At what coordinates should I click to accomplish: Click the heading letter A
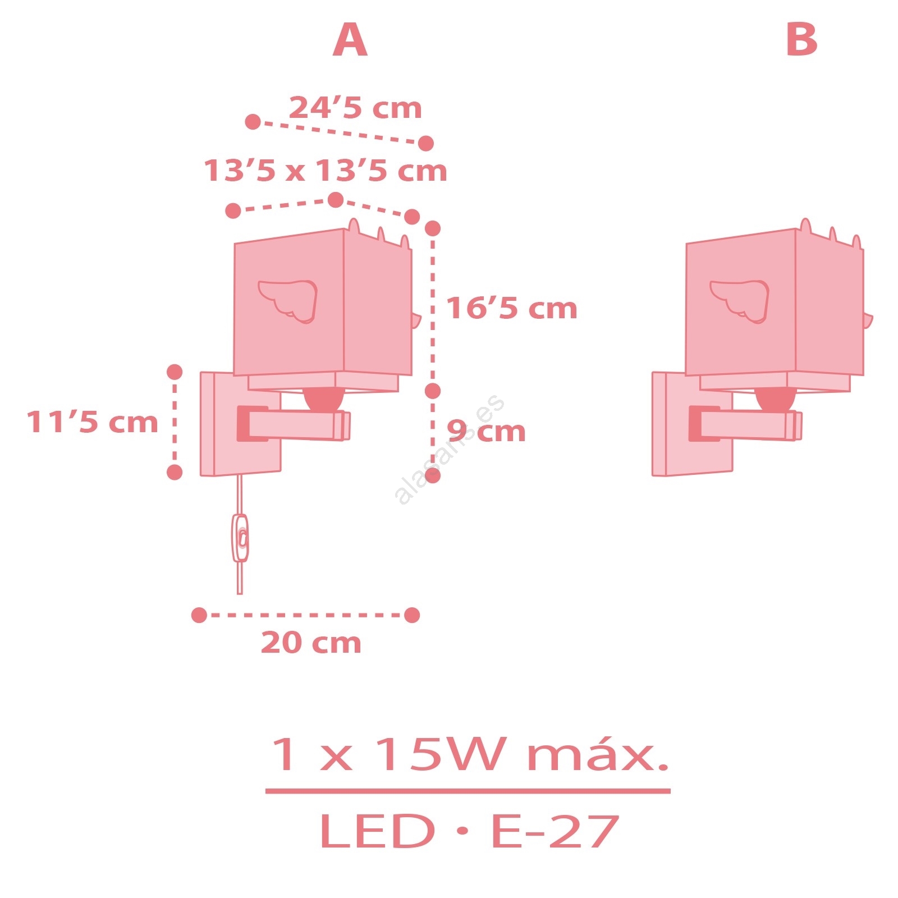350,40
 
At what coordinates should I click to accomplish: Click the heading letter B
801,40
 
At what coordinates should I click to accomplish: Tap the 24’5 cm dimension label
355,108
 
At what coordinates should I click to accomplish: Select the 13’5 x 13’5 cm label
326,171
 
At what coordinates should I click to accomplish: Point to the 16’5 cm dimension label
512,308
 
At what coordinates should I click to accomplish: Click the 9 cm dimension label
486,431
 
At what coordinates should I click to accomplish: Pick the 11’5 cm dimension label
93,422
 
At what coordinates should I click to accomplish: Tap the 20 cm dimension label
311,643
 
